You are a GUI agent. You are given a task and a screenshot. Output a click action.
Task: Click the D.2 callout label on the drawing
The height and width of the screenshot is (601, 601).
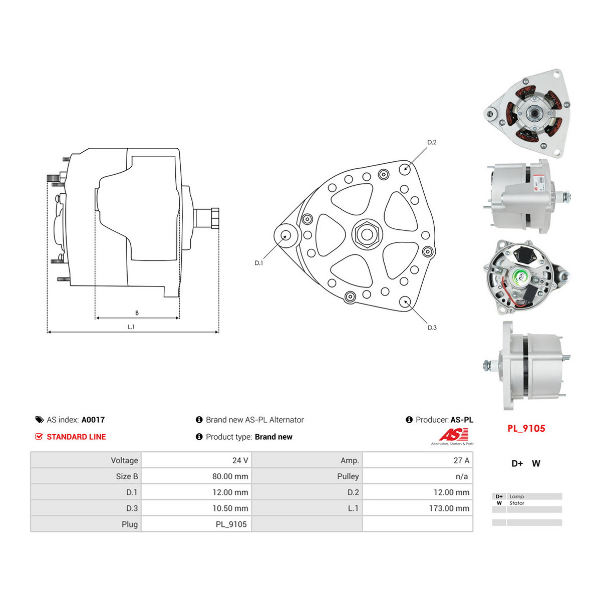(432, 142)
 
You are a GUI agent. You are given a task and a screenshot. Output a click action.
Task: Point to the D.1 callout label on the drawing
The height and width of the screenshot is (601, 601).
(259, 263)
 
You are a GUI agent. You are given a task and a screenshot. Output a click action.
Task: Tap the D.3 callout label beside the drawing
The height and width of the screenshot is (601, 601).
(432, 328)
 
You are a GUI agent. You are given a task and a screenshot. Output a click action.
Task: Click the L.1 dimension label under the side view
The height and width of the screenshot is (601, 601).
(131, 327)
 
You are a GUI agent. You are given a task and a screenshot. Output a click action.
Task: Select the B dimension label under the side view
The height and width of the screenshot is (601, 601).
(137, 313)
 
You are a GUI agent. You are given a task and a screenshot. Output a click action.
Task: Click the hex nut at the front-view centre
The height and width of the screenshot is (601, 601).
(367, 234)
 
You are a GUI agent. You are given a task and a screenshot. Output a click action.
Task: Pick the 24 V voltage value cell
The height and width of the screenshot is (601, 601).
(240, 460)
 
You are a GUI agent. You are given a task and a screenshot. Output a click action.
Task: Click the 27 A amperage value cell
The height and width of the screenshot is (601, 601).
(461, 460)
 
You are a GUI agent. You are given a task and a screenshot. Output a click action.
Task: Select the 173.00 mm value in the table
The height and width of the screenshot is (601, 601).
(449, 508)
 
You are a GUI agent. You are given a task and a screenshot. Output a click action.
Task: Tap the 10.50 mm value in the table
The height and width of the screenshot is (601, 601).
(230, 508)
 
